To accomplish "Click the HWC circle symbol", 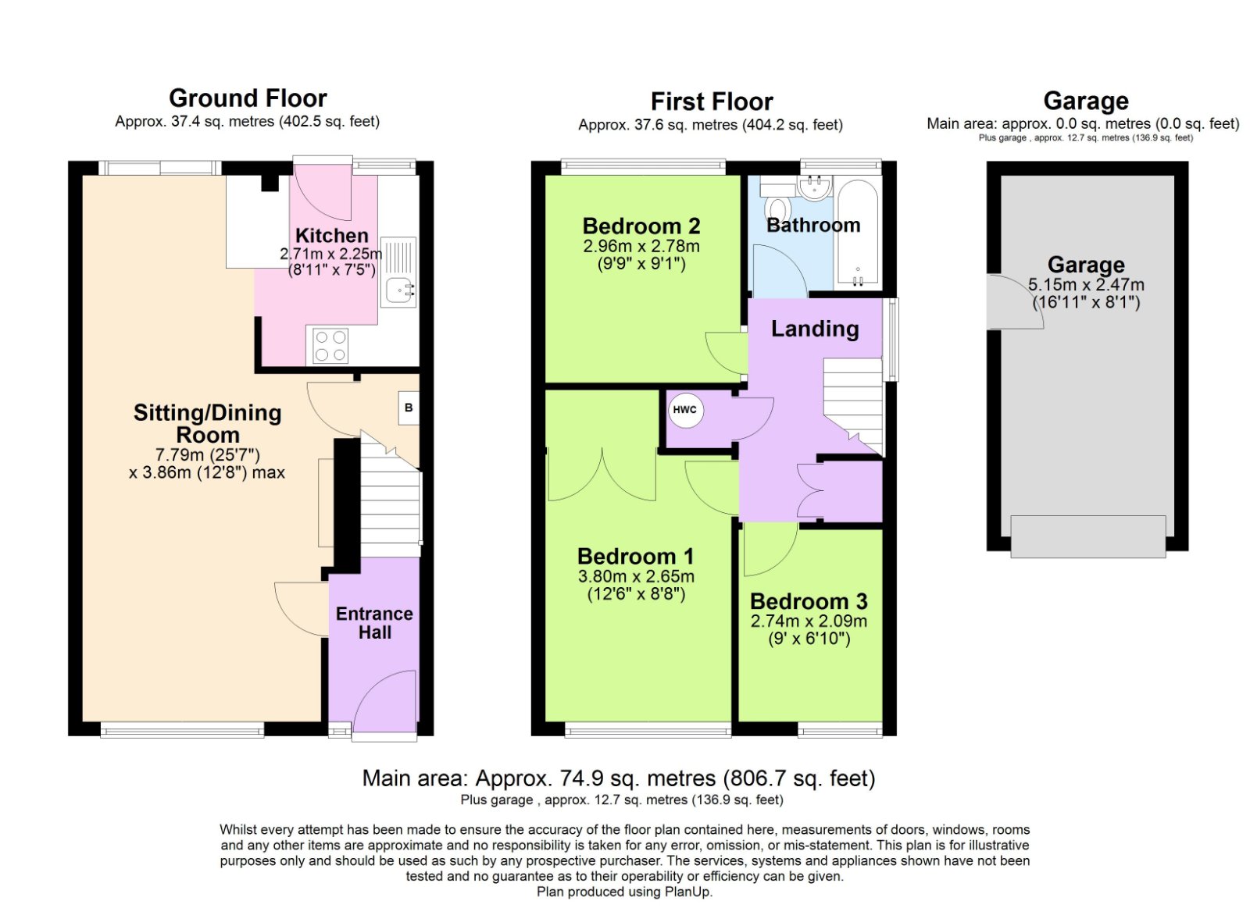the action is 684,410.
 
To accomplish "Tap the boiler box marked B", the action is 409,408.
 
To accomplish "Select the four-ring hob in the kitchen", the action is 330,347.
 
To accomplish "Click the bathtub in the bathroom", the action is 858,233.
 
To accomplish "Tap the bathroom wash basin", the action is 815,187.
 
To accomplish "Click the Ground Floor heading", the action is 248,98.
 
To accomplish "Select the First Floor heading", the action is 712,101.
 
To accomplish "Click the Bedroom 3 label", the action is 809,601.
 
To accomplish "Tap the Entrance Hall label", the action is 374,623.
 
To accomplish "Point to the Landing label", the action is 815,329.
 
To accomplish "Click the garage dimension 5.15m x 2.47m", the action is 1086,285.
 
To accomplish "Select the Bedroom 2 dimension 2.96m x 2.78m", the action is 641,246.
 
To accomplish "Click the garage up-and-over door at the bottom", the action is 1087,536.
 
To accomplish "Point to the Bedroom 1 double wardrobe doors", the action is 602,475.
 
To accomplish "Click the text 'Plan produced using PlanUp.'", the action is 624,892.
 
